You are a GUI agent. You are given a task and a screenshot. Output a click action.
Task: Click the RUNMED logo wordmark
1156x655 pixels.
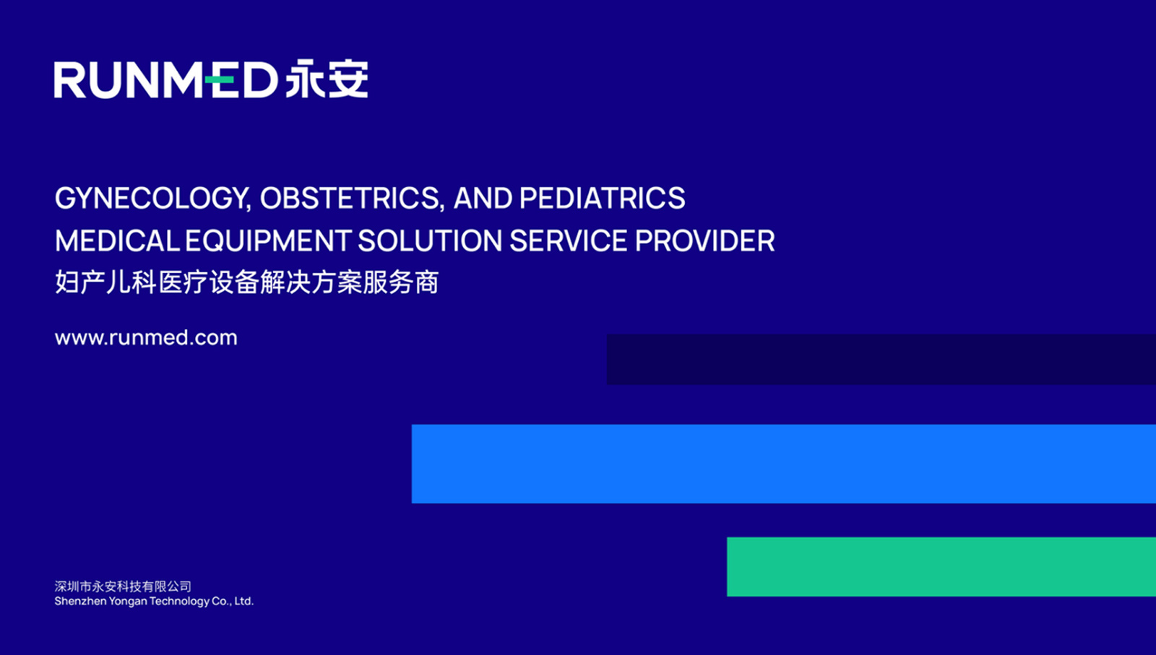pos(166,79)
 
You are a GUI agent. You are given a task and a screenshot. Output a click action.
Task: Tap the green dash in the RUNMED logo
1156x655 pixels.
pos(220,79)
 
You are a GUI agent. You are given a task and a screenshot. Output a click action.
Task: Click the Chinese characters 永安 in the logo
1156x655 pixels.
pos(327,79)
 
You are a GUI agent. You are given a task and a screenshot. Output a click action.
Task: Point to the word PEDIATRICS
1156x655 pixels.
pos(603,198)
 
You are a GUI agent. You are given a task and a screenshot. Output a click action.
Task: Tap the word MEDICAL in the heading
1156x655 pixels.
pos(117,241)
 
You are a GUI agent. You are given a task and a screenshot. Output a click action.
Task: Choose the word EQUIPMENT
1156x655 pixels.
pos(268,241)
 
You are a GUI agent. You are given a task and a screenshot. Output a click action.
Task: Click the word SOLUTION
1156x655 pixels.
pos(430,241)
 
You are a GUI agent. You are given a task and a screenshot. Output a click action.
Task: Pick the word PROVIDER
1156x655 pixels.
pos(705,241)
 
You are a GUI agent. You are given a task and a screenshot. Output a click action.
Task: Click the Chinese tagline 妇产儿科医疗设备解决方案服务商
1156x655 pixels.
pos(246,282)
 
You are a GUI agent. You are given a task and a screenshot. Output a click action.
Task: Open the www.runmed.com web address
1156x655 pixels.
pos(146,338)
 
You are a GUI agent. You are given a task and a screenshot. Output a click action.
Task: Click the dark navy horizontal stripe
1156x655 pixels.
pos(881,360)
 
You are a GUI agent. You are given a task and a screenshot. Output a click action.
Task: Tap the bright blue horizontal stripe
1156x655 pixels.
pos(784,464)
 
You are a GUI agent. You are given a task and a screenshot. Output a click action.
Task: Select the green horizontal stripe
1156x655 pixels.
pos(941,567)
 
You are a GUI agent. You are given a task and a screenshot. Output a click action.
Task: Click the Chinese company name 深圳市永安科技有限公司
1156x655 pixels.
pos(123,586)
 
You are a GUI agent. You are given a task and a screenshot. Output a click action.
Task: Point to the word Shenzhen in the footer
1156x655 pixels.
pos(80,602)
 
